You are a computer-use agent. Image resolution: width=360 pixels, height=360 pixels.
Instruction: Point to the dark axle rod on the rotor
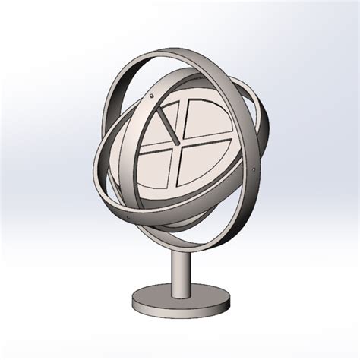(169, 126)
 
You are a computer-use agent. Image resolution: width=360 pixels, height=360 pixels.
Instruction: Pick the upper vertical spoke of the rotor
(182, 118)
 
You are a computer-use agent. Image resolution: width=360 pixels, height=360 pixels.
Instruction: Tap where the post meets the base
(180, 289)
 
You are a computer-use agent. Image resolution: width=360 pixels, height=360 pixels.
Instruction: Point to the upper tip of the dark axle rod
(159, 110)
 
